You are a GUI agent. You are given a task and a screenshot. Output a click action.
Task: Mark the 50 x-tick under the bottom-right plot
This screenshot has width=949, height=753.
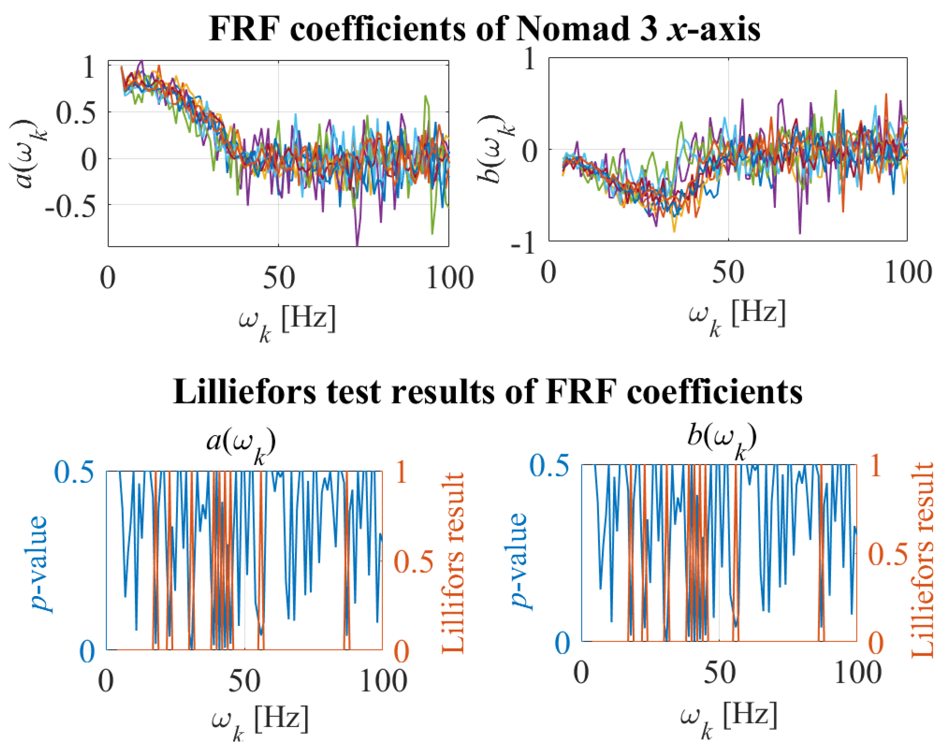(719, 673)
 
